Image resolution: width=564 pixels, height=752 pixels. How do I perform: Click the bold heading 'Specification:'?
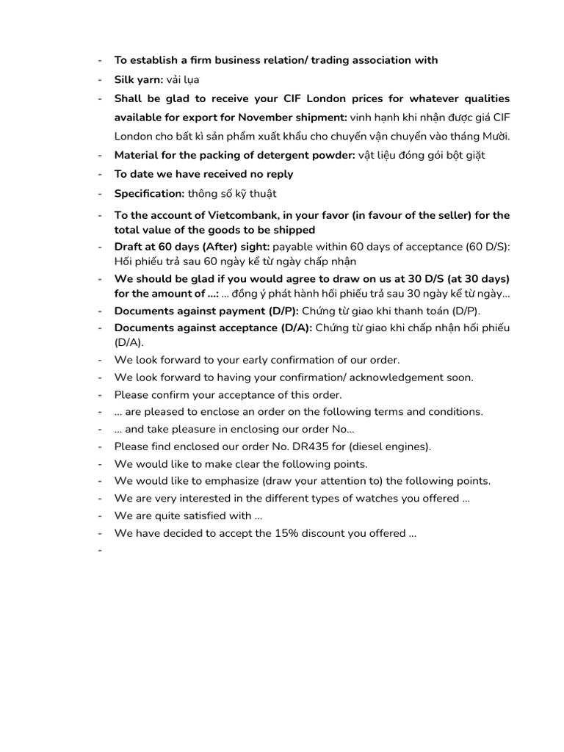click(149, 194)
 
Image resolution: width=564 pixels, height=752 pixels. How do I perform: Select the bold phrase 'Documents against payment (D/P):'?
click(206, 311)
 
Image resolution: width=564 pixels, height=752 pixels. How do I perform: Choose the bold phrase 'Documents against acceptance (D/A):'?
click(213, 328)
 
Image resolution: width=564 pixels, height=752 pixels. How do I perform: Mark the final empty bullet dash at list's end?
click(99, 551)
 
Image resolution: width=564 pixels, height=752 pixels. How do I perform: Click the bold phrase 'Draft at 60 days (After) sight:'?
click(192, 247)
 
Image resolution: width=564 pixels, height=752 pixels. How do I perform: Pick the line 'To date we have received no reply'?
click(203, 174)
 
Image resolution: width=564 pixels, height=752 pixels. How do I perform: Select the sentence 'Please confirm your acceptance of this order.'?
click(228, 394)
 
